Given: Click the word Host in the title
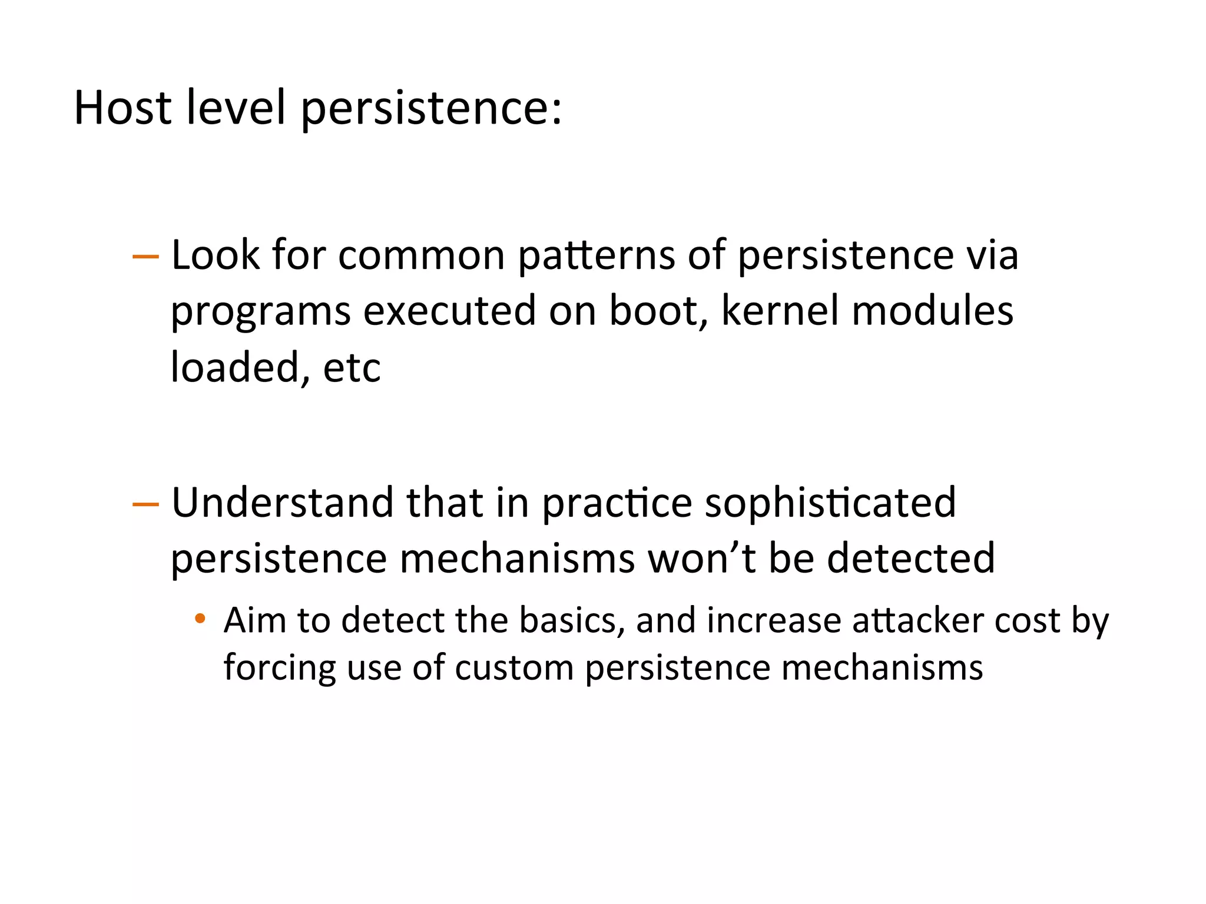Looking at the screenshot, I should (122, 108).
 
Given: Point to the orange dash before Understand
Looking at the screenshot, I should (145, 504).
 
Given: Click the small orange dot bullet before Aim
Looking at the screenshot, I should (200, 618).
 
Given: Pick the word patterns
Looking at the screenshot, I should (596, 256).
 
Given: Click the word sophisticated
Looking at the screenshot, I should (830, 504).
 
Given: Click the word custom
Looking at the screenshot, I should (514, 668).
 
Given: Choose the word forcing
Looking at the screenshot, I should (279, 668).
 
